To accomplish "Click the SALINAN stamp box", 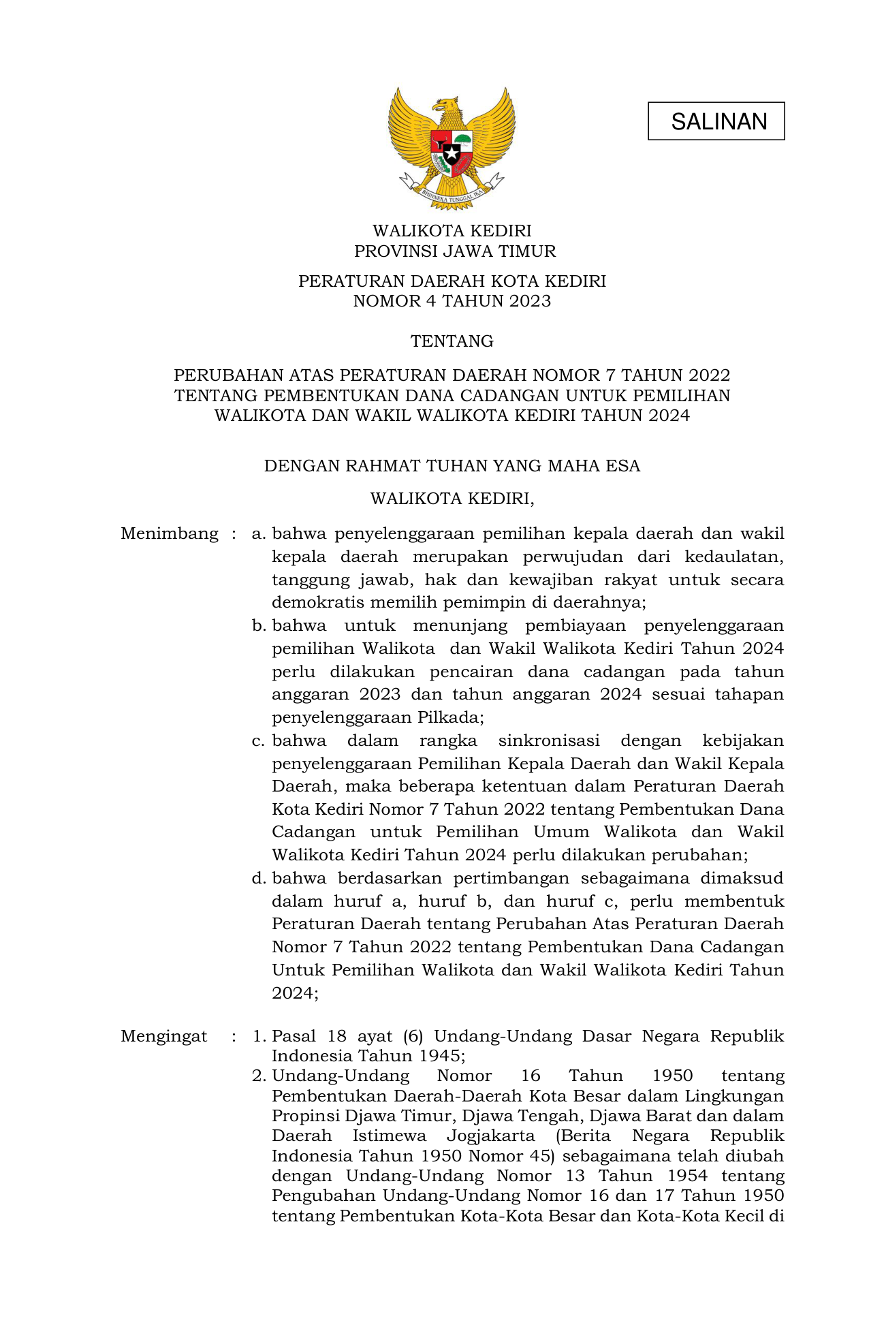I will pos(716,121).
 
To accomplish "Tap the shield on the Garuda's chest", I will pos(452,153).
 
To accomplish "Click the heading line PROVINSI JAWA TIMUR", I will pos(455,251).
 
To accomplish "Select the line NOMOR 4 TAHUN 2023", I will pos(452,301).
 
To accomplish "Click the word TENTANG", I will pos(452,341).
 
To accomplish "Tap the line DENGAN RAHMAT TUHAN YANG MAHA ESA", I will pos(452,466).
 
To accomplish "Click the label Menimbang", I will pos(170,533).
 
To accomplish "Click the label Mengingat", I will pos(164,1036).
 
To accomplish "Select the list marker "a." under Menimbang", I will pos(258,533).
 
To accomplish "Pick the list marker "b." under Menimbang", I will pos(258,625).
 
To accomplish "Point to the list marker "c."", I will pos(258,740).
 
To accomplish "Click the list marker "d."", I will pos(258,878).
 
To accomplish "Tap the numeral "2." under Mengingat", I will pos(258,1076).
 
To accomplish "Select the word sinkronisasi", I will pos(549,740).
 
